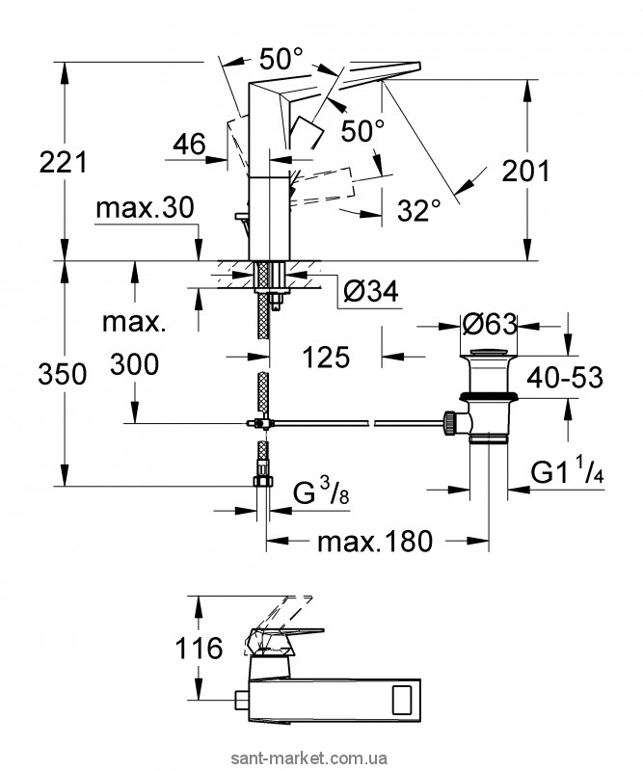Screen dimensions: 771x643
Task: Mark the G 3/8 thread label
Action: point(311,496)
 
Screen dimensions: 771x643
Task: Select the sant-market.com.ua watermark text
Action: point(562,757)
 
